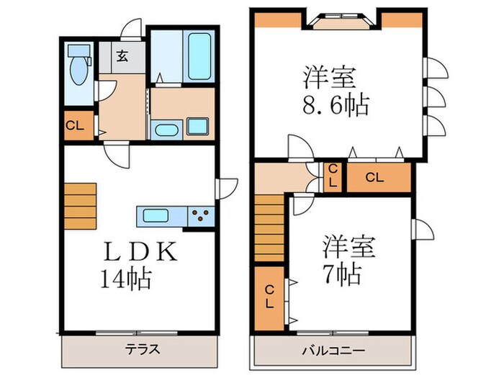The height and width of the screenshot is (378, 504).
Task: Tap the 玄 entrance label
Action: (122, 58)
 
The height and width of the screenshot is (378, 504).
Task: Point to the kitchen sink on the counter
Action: (156, 215)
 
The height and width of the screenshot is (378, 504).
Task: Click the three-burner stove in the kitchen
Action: (200, 215)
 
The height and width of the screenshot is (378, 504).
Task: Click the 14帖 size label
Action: (125, 276)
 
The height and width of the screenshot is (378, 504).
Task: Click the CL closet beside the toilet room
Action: (75, 127)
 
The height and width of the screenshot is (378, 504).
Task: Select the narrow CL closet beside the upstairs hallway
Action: (333, 176)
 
